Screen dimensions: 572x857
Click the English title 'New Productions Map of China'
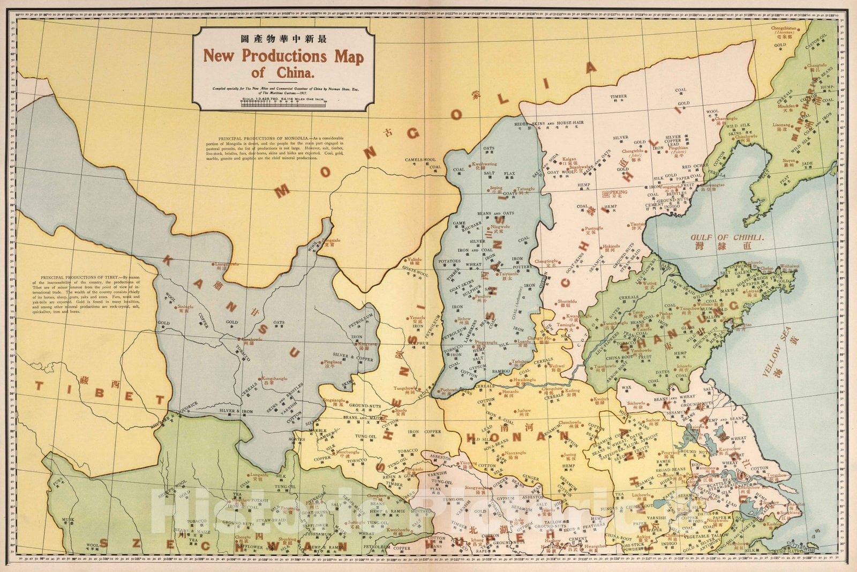click(x=283, y=63)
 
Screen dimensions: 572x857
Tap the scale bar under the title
click(x=284, y=105)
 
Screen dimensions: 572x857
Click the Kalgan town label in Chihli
click(x=568, y=159)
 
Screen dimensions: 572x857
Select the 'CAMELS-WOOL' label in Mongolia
click(x=420, y=160)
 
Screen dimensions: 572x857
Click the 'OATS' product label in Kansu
click(x=279, y=323)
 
